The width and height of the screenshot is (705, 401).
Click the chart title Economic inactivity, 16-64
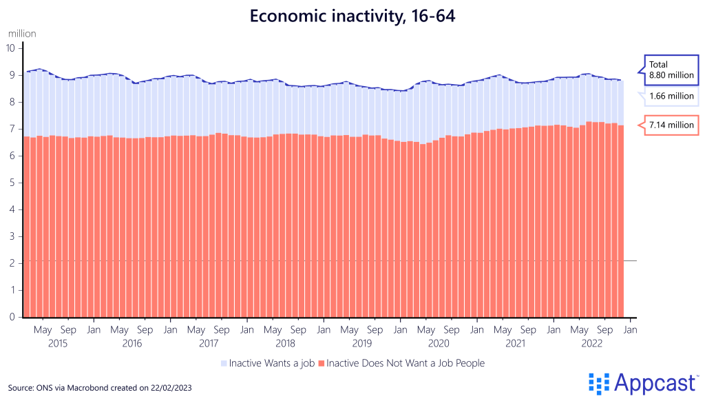[x=352, y=16]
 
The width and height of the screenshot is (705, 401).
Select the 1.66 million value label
[x=671, y=96]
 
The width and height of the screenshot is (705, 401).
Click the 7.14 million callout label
[x=671, y=125]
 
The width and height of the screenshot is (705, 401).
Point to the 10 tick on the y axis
[x=10, y=48]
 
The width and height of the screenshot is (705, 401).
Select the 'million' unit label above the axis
[x=22, y=33]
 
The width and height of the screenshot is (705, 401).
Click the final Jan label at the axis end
[x=630, y=330]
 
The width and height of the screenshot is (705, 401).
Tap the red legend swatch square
[x=321, y=363]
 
